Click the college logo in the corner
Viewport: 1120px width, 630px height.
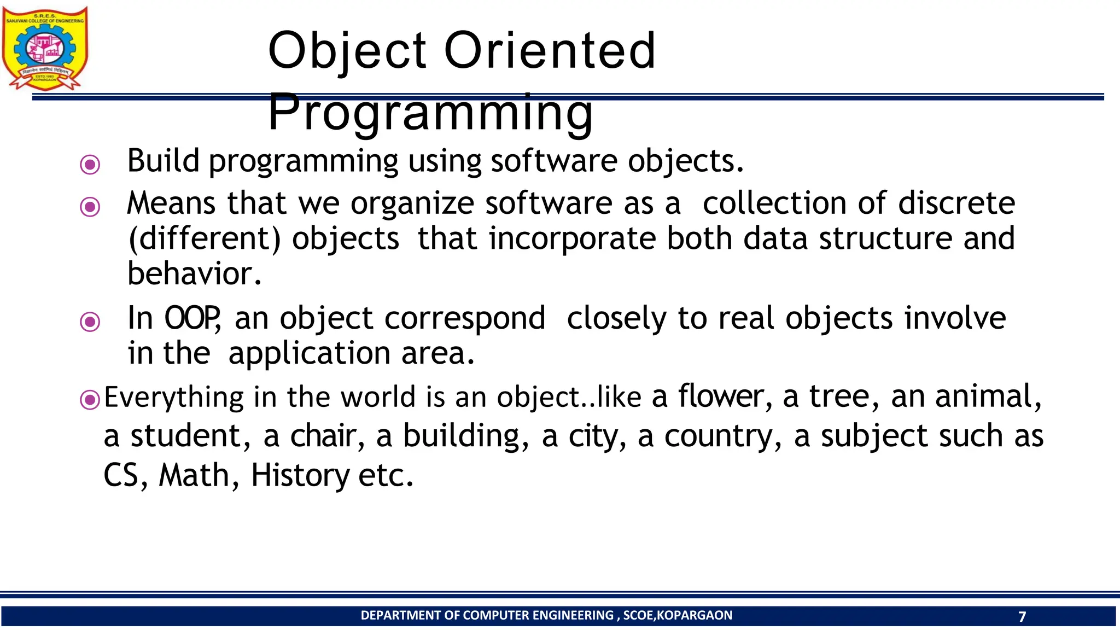[x=45, y=48]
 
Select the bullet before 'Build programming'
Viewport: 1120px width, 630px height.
[x=90, y=164]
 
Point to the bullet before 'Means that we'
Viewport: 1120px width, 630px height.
[x=90, y=207]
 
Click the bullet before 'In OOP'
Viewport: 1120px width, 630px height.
[x=90, y=322]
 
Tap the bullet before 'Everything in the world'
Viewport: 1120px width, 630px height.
[x=90, y=400]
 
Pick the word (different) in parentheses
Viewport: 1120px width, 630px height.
[x=204, y=240]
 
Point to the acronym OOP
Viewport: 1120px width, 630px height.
[x=192, y=318]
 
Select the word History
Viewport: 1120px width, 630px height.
[x=300, y=475]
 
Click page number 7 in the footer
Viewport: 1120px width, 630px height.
[x=1022, y=617]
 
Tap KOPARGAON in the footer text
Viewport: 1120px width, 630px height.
[x=694, y=615]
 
